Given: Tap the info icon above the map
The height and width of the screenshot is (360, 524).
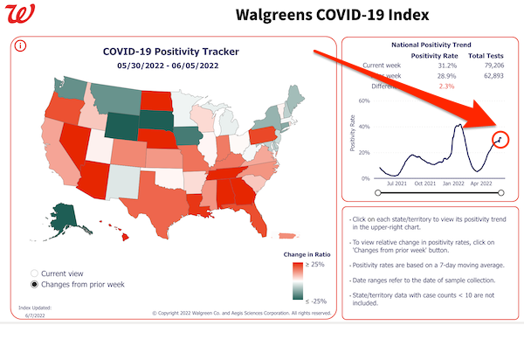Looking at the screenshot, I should click(x=20, y=45).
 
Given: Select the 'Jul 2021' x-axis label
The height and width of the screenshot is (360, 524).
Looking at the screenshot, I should click(x=397, y=183).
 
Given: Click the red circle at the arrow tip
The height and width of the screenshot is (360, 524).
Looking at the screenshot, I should click(x=500, y=138).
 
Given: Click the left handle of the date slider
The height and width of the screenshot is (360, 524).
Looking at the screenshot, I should click(x=377, y=193).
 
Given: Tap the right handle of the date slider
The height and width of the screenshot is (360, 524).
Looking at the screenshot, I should click(x=501, y=193).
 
